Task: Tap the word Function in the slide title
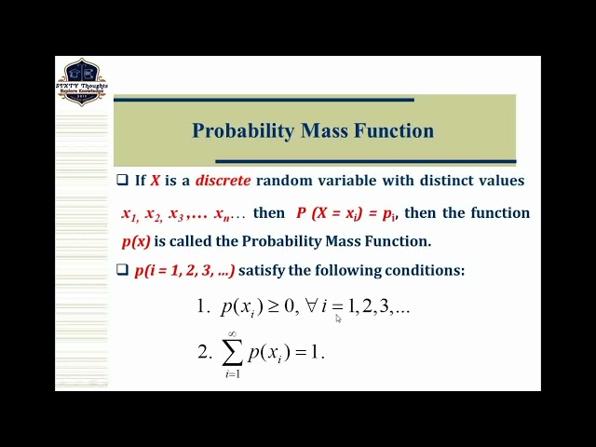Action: coord(393,130)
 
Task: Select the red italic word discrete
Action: coord(223,181)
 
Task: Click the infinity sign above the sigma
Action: coord(232,334)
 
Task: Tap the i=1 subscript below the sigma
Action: coord(232,374)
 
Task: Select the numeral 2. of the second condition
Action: coord(204,352)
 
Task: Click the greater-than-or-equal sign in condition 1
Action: coord(274,305)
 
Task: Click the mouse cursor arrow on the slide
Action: coord(338,318)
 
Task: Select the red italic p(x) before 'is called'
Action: coord(136,241)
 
